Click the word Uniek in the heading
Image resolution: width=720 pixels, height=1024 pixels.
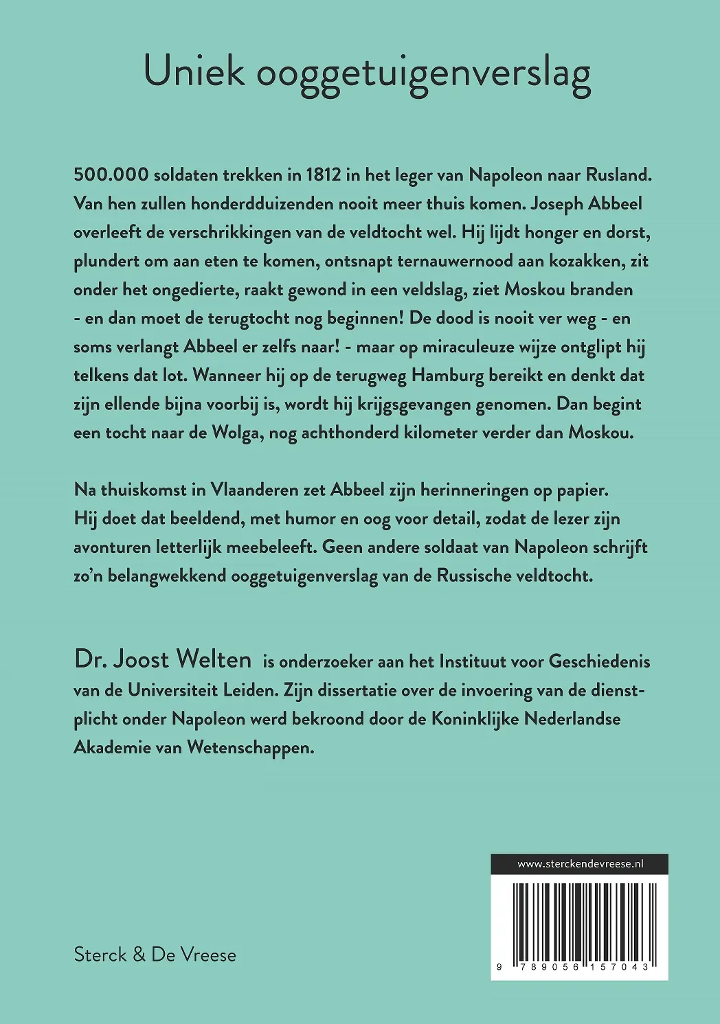[x=194, y=72]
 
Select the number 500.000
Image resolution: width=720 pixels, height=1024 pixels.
[x=111, y=174]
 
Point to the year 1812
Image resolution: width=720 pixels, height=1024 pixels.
[x=323, y=174]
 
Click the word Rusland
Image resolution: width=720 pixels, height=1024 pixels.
[x=618, y=174]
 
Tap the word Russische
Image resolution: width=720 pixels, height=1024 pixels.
[x=483, y=576]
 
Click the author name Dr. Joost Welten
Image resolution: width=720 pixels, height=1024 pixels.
[x=163, y=659]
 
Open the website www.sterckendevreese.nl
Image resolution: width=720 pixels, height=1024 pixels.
[x=579, y=864]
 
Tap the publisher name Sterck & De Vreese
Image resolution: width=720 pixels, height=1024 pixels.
[x=155, y=955]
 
